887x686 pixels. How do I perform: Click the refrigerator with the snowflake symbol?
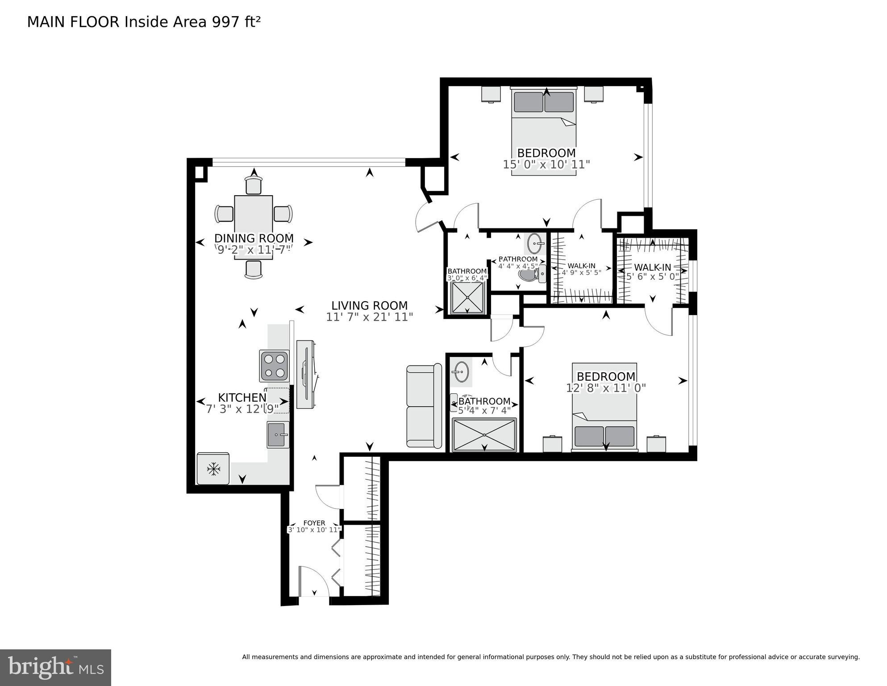point(213,469)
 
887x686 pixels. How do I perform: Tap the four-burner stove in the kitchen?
point(274,366)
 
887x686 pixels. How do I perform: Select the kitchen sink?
point(278,434)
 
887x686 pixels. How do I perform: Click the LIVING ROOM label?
point(369,306)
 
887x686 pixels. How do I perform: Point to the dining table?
point(253,226)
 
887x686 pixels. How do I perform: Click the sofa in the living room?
point(424,406)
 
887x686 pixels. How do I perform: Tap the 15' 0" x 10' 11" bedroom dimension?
point(546,164)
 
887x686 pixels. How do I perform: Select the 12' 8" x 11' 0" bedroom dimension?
point(606,388)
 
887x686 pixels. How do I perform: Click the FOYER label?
point(314,523)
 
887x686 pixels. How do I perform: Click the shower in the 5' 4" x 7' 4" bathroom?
point(484,435)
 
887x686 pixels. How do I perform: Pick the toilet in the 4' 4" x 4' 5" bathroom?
point(529,274)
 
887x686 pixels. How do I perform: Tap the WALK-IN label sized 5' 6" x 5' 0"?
point(652,267)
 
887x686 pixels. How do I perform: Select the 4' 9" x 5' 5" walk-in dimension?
point(581,272)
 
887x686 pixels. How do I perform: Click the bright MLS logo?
point(55,668)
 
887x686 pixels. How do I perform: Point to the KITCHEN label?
point(242,397)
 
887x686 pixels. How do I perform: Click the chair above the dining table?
point(254,185)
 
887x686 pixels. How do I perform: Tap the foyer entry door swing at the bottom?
point(313,581)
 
